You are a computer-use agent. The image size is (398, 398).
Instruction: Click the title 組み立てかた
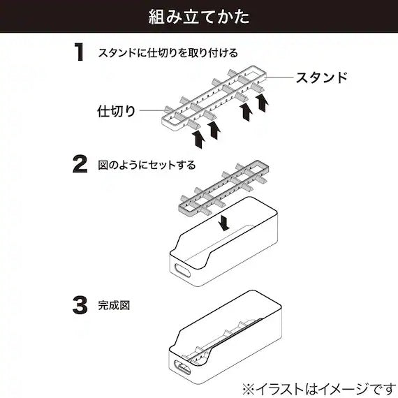199,17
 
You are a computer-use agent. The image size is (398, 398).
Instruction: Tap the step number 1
81,53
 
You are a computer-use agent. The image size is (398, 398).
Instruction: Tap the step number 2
81,164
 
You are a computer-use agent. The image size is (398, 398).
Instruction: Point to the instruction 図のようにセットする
147,165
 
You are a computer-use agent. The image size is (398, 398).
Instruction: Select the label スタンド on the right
321,78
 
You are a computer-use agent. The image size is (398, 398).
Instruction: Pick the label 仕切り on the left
115,110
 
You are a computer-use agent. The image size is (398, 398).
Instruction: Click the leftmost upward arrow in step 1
198,138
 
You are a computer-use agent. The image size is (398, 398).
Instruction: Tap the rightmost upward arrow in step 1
263,105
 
